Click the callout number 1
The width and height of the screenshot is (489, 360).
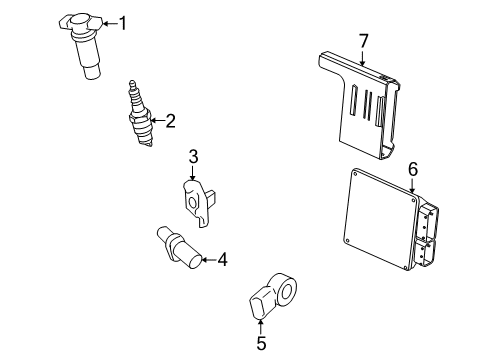(x=123, y=23)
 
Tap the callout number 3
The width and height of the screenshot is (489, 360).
(x=194, y=156)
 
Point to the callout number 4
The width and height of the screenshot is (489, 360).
(x=221, y=261)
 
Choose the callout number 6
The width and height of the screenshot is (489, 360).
(x=411, y=169)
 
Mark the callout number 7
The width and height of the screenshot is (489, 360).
(x=363, y=40)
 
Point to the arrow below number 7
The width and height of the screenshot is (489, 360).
(x=363, y=58)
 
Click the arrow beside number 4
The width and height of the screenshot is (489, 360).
(x=207, y=261)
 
